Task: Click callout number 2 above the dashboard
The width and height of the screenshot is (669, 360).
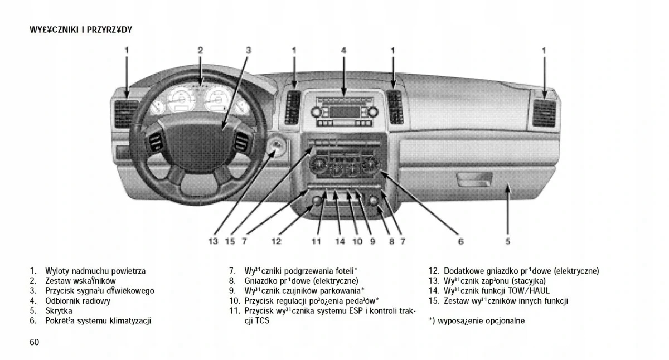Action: point(200,50)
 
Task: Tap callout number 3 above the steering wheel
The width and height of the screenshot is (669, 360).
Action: point(249,50)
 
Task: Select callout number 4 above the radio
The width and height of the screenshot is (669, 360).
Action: point(343,50)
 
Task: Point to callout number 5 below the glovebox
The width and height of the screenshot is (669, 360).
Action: point(508,241)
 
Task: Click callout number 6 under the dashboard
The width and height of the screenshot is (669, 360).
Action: point(460,241)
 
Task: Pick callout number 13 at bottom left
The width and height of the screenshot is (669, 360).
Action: point(212,241)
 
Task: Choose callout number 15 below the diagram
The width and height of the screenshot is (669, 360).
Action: point(230,241)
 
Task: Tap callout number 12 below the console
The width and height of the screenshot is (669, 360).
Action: point(277,241)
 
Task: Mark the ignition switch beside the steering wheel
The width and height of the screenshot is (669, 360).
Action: point(277,148)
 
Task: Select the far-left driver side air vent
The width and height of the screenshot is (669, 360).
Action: point(126,114)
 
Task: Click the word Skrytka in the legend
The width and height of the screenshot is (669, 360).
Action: point(59,311)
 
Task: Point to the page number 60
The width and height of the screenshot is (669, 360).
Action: point(35,342)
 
